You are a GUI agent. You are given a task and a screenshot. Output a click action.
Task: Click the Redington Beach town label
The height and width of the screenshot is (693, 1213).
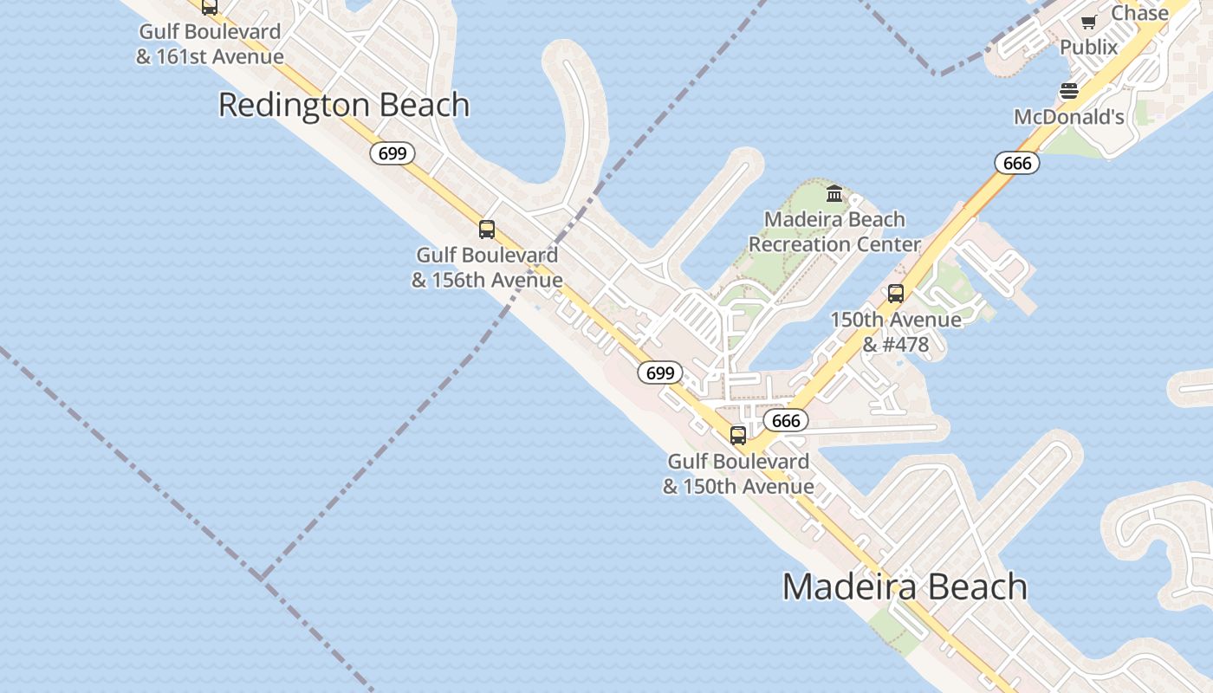344,105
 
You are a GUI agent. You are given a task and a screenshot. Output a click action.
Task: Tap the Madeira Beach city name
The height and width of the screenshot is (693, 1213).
905,586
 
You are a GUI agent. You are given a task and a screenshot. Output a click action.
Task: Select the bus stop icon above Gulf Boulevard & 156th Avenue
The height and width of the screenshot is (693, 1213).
487,230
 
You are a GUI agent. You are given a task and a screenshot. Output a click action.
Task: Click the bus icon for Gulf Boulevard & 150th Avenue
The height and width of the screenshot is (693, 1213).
738,435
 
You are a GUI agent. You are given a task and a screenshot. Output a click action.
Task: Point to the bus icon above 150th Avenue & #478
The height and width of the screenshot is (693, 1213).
896,294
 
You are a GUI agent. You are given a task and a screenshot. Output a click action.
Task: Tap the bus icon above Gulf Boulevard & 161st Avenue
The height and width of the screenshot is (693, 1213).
210,7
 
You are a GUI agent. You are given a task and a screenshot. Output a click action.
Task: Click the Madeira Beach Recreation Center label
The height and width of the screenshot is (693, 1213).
834,232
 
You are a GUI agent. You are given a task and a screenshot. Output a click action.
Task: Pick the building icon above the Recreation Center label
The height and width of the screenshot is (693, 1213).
834,193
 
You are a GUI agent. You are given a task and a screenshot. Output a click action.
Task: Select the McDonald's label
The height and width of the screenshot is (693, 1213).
1069,117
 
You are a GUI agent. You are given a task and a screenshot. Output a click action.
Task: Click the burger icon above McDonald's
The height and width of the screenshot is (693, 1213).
1069,91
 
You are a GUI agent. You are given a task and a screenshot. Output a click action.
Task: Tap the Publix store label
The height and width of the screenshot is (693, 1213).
1089,47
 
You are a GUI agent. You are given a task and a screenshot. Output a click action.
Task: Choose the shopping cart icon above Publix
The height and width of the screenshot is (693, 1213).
1089,22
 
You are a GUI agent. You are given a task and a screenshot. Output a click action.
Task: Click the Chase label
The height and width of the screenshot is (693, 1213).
1139,13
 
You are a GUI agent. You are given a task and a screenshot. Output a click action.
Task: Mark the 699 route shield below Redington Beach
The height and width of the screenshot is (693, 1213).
392,154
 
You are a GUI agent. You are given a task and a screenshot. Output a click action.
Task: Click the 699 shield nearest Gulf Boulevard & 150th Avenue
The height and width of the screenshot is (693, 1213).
660,373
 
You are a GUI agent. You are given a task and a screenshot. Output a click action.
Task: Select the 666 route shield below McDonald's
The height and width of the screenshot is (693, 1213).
1016,163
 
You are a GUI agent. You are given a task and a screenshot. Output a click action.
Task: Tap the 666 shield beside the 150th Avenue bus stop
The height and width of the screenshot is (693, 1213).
786,421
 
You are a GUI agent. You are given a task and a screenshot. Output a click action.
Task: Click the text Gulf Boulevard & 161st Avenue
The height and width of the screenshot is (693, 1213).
210,44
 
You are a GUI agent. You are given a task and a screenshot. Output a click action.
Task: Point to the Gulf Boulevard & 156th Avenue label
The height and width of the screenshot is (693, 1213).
487,268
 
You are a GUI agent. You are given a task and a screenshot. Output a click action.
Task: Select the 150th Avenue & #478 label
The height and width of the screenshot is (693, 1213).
896,332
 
